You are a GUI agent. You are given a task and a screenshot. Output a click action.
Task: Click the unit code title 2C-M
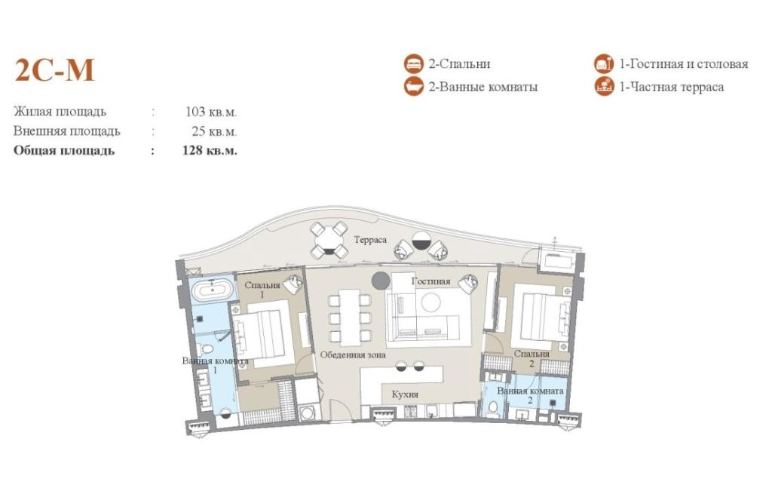click(54, 70)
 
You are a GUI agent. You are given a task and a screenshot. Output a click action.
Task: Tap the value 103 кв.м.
click(211, 112)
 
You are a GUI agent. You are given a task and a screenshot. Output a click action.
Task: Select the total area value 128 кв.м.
click(210, 150)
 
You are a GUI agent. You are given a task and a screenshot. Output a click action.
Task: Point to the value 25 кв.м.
click(214, 131)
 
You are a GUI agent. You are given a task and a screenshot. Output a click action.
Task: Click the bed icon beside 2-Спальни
click(414, 63)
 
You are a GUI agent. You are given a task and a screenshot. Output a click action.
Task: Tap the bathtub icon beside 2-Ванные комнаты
click(414, 86)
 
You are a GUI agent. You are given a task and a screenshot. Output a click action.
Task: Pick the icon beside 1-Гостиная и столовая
click(604, 63)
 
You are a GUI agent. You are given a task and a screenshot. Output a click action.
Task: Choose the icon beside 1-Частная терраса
click(604, 86)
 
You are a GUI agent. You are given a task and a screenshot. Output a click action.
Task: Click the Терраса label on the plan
click(370, 240)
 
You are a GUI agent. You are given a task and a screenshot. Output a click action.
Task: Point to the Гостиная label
click(431, 281)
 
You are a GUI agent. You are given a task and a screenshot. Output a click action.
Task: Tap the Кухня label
click(405, 394)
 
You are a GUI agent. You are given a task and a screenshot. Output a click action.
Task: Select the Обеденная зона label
click(353, 354)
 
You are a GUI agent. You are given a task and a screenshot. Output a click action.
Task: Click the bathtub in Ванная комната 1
click(212, 290)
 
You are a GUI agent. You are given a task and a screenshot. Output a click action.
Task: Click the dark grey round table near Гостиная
click(381, 281)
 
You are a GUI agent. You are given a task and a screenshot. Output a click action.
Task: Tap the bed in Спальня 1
click(263, 330)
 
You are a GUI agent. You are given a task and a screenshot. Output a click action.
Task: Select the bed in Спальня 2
click(541, 316)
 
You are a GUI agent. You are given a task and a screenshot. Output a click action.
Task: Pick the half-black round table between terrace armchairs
click(421, 241)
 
